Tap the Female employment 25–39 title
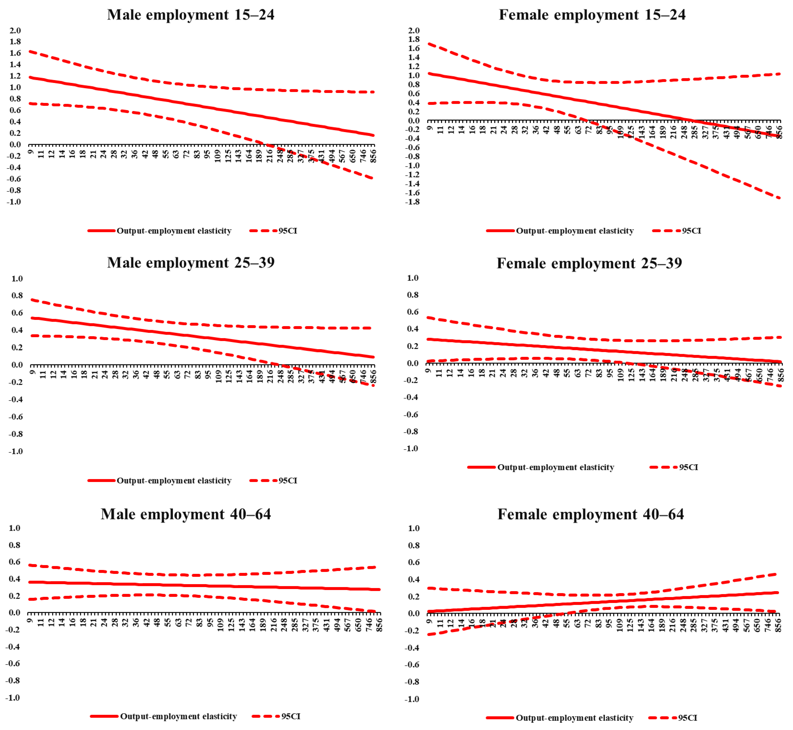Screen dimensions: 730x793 pyautogui.click(x=589, y=264)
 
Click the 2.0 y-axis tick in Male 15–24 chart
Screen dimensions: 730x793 pyautogui.click(x=15, y=30)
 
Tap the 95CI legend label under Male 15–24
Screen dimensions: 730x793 pyautogui.click(x=288, y=231)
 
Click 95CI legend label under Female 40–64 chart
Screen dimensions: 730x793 pyautogui.click(x=688, y=718)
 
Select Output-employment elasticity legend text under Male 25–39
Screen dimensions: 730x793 pyautogui.click(x=174, y=481)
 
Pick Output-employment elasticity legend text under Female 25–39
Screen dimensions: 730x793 pyautogui.click(x=555, y=467)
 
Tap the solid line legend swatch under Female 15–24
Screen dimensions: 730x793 pyautogui.click(x=500, y=231)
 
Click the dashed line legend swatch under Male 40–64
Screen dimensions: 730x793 pyautogui.click(x=266, y=716)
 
